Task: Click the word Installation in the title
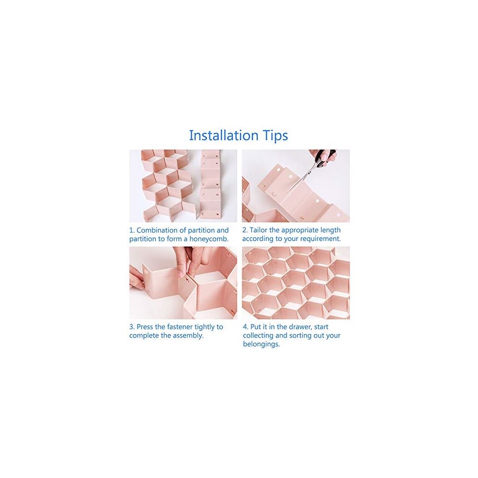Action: pos(224,135)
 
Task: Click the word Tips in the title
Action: pos(276,136)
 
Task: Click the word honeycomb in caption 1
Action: pos(209,239)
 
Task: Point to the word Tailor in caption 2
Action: pos(258,230)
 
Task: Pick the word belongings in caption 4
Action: pos(261,345)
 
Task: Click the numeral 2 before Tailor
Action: pos(245,230)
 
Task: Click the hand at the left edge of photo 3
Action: pos(136,276)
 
